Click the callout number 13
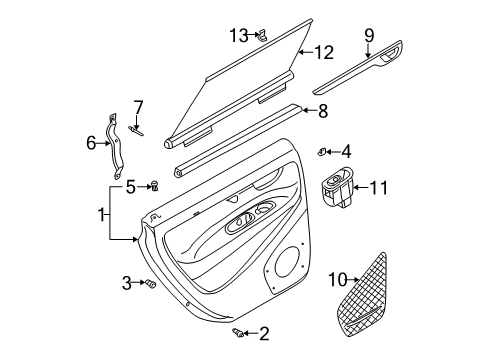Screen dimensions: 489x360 [x=239, y=35]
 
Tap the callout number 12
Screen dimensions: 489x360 [x=324, y=52]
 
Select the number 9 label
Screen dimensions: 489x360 [x=369, y=36]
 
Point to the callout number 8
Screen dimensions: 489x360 [x=323, y=111]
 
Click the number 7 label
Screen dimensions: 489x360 [x=138, y=107]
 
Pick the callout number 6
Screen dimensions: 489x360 [x=91, y=144]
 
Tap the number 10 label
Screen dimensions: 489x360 [x=338, y=280]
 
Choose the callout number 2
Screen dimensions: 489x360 [x=264, y=334]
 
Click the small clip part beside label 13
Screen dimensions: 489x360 [x=262, y=35]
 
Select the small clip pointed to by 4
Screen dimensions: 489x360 [x=322, y=152]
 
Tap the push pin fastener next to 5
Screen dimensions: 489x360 [x=154, y=186]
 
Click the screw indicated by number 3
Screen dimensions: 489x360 [x=151, y=284]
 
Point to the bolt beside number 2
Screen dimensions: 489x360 [x=238, y=332]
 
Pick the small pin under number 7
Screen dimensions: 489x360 [x=135, y=130]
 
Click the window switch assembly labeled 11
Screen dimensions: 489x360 [x=337, y=187]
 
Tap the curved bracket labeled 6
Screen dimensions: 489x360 [x=115, y=147]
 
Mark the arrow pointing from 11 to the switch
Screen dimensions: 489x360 [x=360, y=188]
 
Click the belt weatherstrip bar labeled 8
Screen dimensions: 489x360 [x=238, y=140]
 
